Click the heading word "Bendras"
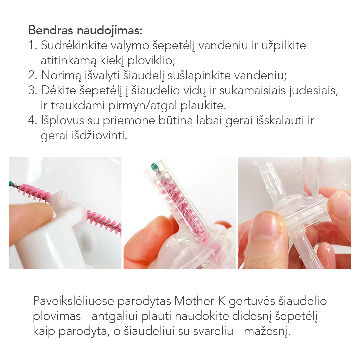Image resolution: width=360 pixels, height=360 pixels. pos(51,30)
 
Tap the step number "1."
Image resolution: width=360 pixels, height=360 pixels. pos(33,45)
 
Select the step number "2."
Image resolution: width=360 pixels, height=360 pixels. pos(33,75)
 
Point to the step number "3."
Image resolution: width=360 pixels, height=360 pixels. pos(33,90)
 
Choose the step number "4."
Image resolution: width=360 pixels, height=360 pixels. pos(33,120)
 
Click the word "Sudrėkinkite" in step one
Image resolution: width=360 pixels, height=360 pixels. pos(74,45)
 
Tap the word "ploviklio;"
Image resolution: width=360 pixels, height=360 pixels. pos(151,61)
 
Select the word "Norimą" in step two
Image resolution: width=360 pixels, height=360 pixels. pos(61,76)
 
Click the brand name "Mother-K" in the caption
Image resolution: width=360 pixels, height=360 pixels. pos(200,301)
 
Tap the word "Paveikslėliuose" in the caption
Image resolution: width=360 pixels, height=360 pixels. pos(73,301)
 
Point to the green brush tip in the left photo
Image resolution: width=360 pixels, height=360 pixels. pos(11,183)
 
